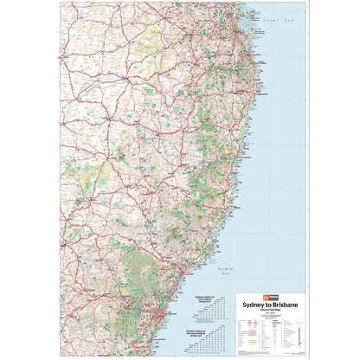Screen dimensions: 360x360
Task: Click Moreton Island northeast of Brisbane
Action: coord(254,21)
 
